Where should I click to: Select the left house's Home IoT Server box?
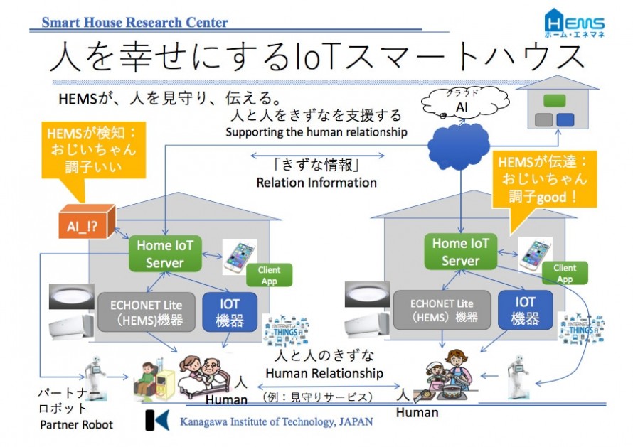click(x=165, y=254)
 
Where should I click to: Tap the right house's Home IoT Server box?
click(x=461, y=252)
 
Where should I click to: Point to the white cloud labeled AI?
click(x=462, y=104)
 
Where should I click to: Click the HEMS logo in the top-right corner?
click(x=574, y=23)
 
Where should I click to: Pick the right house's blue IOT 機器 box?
click(x=526, y=310)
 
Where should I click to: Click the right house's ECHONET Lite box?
click(x=442, y=310)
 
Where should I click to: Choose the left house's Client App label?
click(x=269, y=275)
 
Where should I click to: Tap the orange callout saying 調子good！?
click(x=543, y=178)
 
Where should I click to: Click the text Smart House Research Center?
click(x=135, y=23)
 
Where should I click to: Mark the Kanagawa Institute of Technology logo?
click(x=157, y=419)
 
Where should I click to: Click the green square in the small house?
click(x=554, y=101)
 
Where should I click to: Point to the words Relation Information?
click(x=317, y=183)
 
